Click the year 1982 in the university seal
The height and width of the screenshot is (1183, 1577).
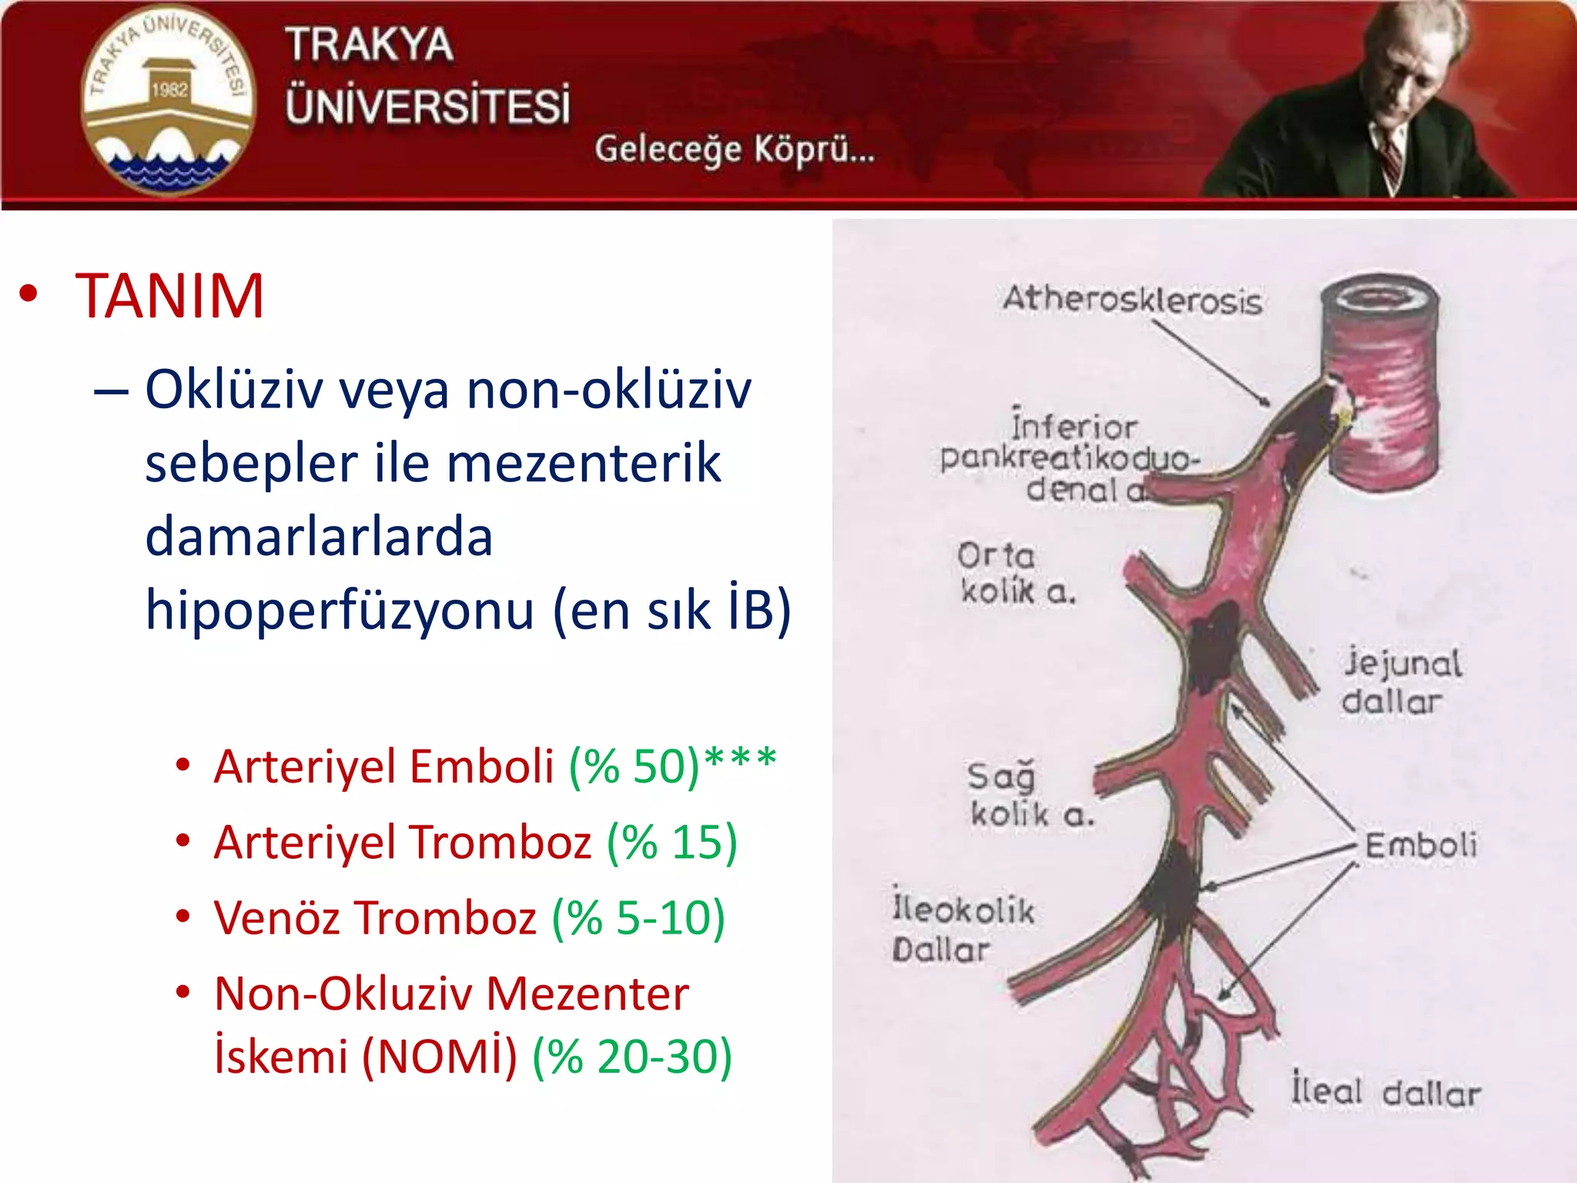pos(169,90)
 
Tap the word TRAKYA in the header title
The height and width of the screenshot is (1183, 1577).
pos(369,45)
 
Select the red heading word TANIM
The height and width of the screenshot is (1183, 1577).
pos(169,296)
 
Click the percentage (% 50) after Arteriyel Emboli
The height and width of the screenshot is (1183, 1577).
pos(634,766)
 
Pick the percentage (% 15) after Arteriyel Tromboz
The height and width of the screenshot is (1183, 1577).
pos(671,842)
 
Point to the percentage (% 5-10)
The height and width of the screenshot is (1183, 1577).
pos(638,917)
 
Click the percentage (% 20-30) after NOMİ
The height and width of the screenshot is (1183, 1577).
pos(631,1056)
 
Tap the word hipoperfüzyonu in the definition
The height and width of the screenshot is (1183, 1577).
pos(339,609)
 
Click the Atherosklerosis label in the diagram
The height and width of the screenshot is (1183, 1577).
pos(1132,300)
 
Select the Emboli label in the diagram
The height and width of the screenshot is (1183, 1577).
pos(1421,845)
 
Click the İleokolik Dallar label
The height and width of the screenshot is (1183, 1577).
pos(962,929)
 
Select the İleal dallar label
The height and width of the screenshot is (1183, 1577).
pos(1385,1092)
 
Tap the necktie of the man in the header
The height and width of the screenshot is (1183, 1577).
pos(1391,162)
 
